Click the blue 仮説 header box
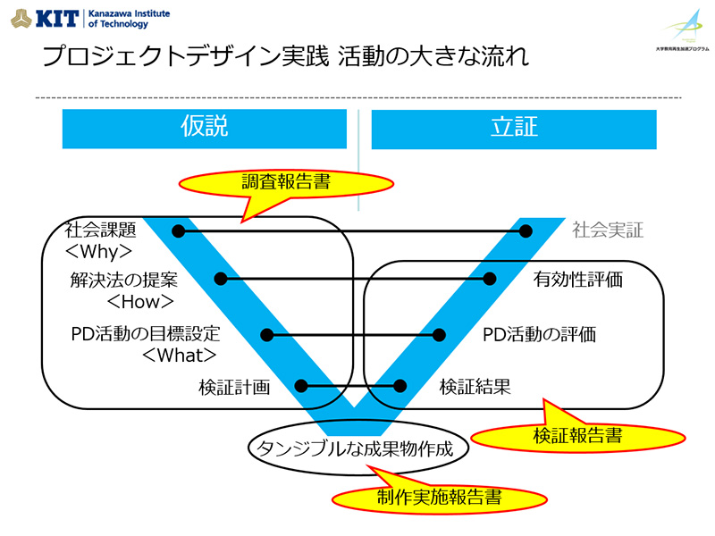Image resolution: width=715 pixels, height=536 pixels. click(204, 129)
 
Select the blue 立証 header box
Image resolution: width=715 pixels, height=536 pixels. click(514, 129)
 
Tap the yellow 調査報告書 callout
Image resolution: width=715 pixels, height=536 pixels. click(286, 183)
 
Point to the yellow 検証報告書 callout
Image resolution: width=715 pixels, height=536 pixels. click(577, 436)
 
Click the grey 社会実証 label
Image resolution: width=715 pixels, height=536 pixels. click(608, 230)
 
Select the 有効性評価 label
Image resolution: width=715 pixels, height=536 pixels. click(577, 279)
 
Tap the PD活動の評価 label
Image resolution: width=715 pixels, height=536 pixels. click(539, 335)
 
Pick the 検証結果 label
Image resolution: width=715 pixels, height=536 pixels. click(475, 387)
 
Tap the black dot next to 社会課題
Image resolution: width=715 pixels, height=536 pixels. click(178, 231)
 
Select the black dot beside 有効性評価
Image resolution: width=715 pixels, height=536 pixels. click(489, 279)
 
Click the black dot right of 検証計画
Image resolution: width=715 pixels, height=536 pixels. click(301, 387)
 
